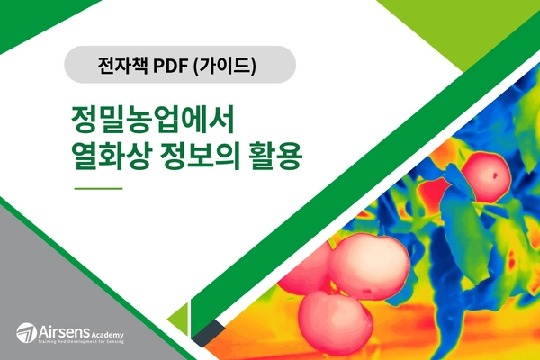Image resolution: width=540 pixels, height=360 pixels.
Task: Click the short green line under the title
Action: [x=97, y=189]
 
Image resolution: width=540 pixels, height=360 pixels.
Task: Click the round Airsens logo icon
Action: [x=27, y=332]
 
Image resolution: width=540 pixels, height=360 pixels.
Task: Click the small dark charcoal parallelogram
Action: [x=208, y=334]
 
